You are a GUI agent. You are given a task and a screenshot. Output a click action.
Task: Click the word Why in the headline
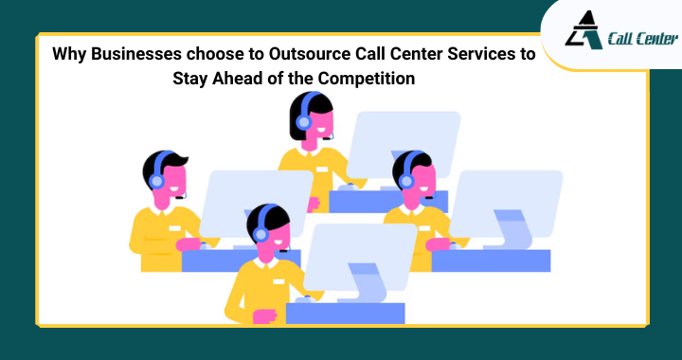(x=69, y=55)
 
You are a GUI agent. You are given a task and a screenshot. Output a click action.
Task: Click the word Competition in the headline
(x=366, y=79)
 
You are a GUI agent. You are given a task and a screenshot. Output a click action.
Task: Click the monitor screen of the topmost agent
(x=403, y=143)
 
